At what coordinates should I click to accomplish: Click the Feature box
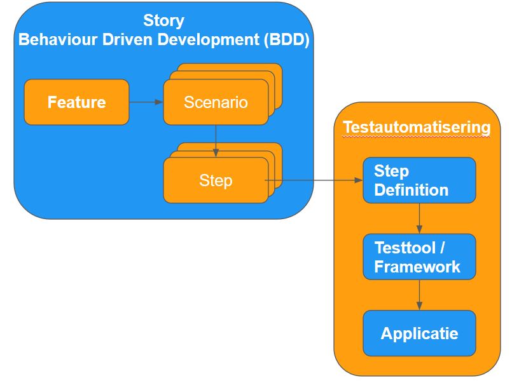[x=76, y=102]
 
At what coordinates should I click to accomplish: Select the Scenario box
[x=215, y=102]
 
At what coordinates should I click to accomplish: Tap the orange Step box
[x=215, y=180]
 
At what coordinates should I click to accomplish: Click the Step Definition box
[x=419, y=180]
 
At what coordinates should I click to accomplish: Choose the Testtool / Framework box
[x=419, y=257]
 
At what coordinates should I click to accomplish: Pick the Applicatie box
[x=419, y=333]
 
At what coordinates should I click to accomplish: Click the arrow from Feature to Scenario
[x=146, y=102]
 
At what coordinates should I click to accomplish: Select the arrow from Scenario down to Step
[x=216, y=140]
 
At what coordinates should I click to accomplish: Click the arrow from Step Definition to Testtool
[x=419, y=218]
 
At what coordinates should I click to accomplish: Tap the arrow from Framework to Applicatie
[x=419, y=295]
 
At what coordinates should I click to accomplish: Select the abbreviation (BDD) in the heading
[x=287, y=41]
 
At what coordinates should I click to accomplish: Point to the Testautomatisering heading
[x=417, y=128]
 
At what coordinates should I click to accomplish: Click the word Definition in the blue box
[x=411, y=190]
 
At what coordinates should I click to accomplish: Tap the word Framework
[x=417, y=267]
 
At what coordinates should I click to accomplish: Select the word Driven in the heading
[x=118, y=41]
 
